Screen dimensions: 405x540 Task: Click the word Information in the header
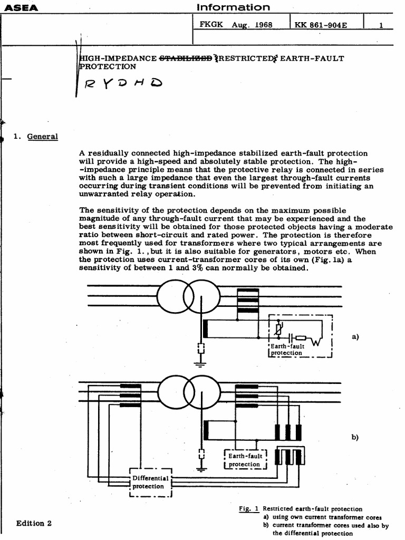pyautogui.click(x=233, y=7)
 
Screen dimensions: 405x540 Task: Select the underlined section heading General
pyautogui.click(x=42, y=137)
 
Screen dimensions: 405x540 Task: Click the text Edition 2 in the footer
pyautogui.click(x=34, y=524)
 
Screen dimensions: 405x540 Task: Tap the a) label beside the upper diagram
pyautogui.click(x=354, y=336)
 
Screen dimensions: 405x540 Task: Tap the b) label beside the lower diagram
pyautogui.click(x=354, y=437)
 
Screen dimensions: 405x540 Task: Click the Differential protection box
pyautogui.click(x=150, y=482)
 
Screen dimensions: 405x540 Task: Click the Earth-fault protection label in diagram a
pyautogui.click(x=288, y=349)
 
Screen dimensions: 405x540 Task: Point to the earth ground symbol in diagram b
pyautogui.click(x=201, y=468)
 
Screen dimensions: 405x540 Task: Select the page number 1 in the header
pyautogui.click(x=381, y=25)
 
